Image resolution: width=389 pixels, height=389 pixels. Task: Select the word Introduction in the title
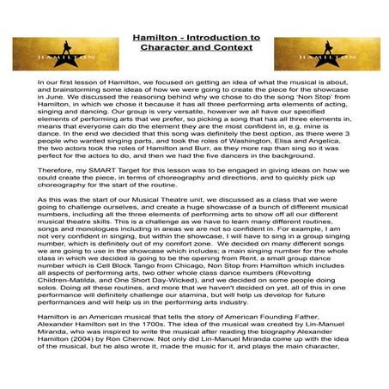point(226,39)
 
